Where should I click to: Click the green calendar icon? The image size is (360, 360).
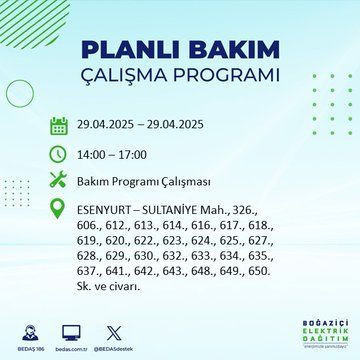tap(59, 126)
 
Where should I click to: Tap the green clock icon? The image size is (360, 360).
tap(59, 155)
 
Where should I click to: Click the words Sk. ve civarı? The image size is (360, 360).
tap(110, 284)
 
